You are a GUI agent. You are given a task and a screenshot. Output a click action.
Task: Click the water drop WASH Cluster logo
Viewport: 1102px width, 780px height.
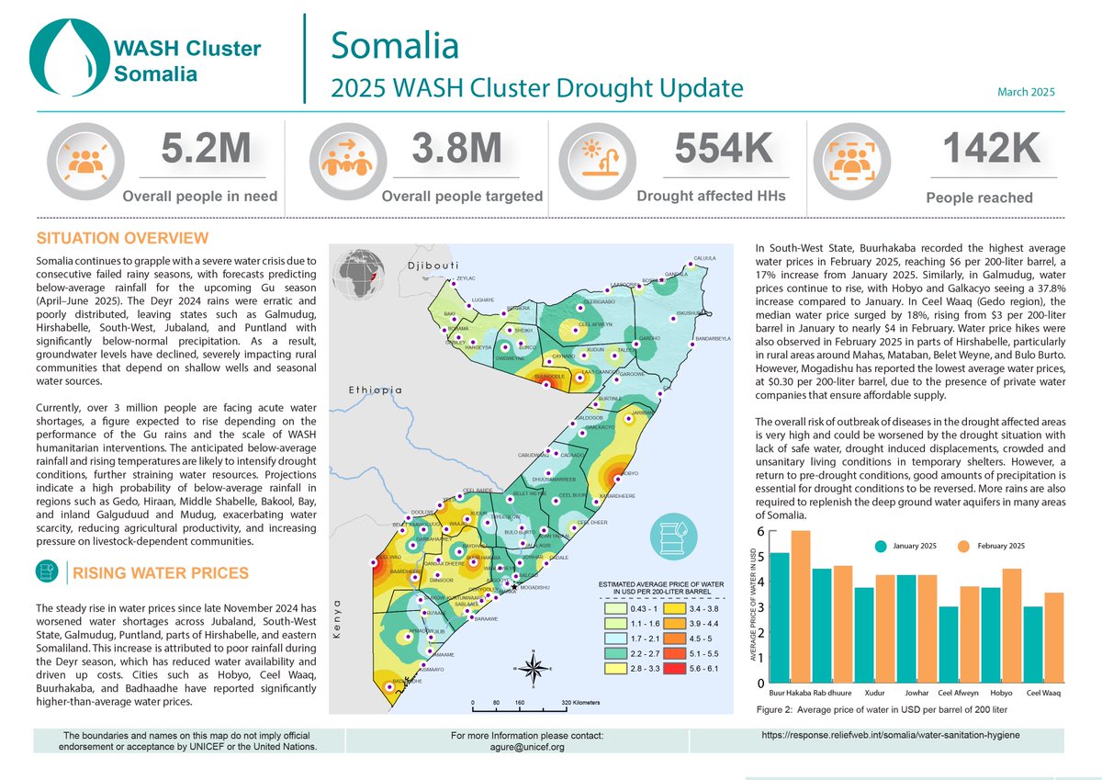[x=66, y=59]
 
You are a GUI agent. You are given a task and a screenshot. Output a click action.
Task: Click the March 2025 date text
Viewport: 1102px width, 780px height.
[x=1026, y=93]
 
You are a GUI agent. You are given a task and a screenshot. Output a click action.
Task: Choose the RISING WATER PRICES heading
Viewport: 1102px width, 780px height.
[x=160, y=573]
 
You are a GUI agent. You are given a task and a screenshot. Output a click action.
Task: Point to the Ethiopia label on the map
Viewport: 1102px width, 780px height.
[x=375, y=390]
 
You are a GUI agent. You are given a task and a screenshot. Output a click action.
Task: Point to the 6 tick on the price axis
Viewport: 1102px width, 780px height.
[x=759, y=531]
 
